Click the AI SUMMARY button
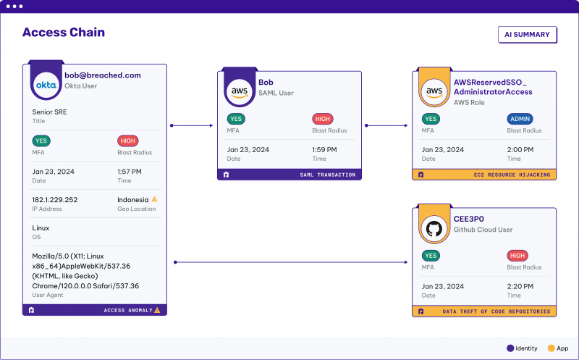528,34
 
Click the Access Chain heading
64,33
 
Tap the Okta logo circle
46,85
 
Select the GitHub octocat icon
434,229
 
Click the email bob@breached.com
103,75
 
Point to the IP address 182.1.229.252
55,200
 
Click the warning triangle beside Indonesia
154,199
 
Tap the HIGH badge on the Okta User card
128,141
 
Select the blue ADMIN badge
520,119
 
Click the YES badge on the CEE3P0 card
431,256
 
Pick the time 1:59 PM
324,150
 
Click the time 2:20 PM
520,286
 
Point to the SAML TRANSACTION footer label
328,175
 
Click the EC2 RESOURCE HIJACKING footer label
512,175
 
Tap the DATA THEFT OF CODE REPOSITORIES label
496,311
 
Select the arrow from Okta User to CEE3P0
291,262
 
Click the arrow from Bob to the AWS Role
386,125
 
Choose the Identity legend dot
510,348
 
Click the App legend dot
551,348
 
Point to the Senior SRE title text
49,112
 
